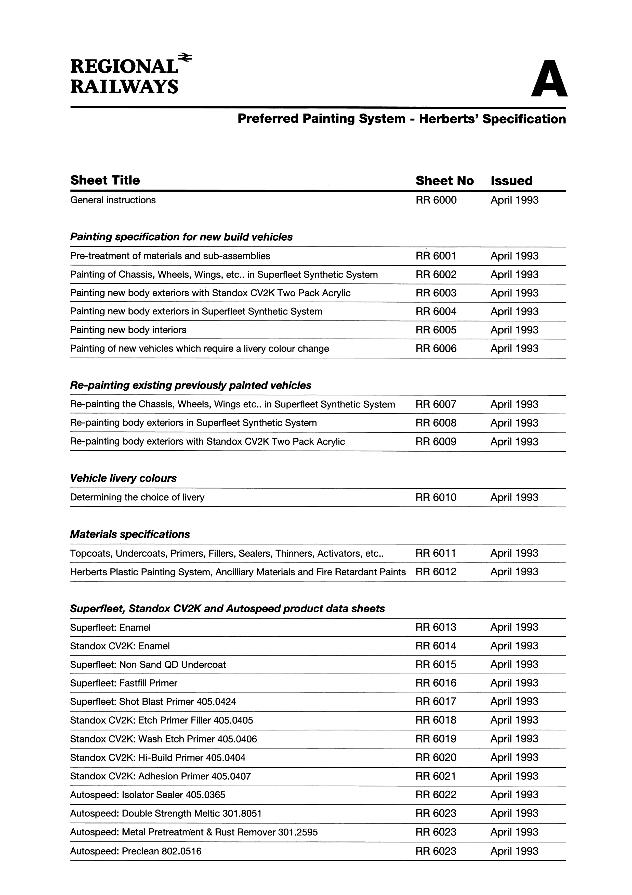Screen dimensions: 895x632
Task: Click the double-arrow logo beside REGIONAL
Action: pyautogui.click(x=185, y=58)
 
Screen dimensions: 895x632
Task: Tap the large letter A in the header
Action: pyautogui.click(x=549, y=79)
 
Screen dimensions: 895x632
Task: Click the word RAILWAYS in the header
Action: pyautogui.click(x=124, y=86)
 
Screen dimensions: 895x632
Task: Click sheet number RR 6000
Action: pyautogui.click(x=436, y=200)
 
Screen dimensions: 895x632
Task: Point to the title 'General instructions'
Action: pyautogui.click(x=113, y=200)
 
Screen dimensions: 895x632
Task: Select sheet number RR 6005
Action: pyautogui.click(x=436, y=330)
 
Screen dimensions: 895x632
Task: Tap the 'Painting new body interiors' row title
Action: pyautogui.click(x=128, y=330)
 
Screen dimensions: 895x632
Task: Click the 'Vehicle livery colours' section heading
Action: pyautogui.click(x=123, y=478)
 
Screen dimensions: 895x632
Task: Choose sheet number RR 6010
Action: pyautogui.click(x=436, y=498)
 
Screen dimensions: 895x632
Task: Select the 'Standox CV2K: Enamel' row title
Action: pyautogui.click(x=120, y=646)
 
